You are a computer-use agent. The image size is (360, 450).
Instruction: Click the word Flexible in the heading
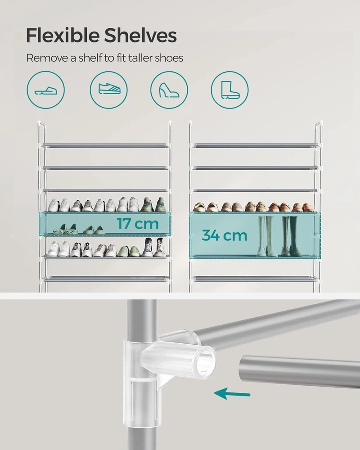pos(63,36)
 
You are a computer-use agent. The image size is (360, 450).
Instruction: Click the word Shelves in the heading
pos(140,36)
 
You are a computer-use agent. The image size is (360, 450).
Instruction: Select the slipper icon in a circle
pos(45,90)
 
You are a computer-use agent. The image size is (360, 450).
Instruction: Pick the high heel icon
pos(169,90)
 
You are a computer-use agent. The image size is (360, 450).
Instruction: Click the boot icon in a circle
pos(229,90)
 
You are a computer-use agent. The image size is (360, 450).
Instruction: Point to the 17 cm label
pos(138,224)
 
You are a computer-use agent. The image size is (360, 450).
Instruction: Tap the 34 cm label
pos(225,235)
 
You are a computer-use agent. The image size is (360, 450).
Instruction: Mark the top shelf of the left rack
pos(105,146)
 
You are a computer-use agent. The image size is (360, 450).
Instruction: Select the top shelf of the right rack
pos(256,146)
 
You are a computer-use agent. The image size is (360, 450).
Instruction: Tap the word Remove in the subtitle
pos(47,58)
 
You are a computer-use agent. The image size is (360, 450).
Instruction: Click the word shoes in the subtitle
pos(169,58)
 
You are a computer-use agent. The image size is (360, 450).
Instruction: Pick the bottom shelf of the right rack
pos(256,279)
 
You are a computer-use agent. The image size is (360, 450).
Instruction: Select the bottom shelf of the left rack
pos(105,279)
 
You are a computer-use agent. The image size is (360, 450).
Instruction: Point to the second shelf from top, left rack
pos(105,168)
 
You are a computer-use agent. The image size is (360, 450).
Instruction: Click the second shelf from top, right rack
pos(256,168)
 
